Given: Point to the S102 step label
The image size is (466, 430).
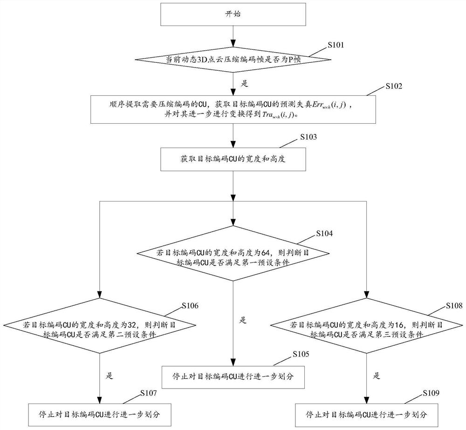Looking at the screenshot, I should pos(394,87).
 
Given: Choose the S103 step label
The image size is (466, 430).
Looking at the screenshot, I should pos(308,137).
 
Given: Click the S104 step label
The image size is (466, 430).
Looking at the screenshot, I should pos(325,233).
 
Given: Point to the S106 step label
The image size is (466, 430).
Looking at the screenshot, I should pos(190,306).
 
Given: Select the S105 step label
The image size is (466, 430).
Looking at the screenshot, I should pos(302,355).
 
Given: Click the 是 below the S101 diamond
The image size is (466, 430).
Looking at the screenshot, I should pos(244,84).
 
